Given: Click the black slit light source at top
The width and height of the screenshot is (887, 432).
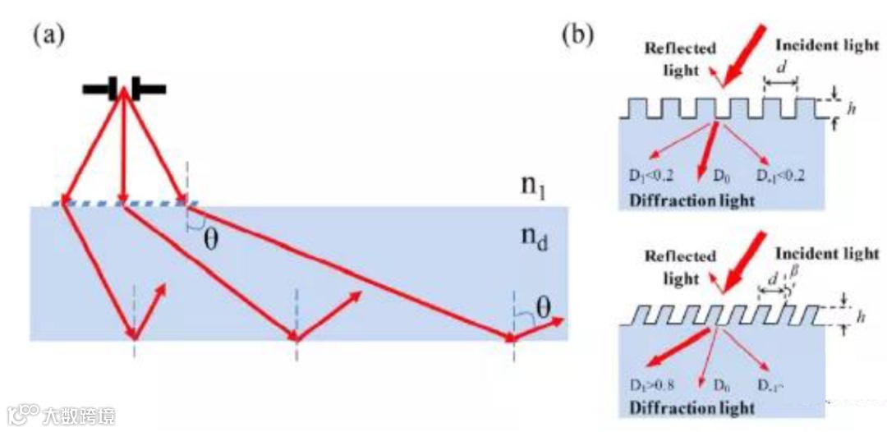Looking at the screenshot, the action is click(124, 87).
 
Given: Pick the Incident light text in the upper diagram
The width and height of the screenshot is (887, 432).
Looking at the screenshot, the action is click(827, 45).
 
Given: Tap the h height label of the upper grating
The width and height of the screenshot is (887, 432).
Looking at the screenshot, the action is click(852, 108).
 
